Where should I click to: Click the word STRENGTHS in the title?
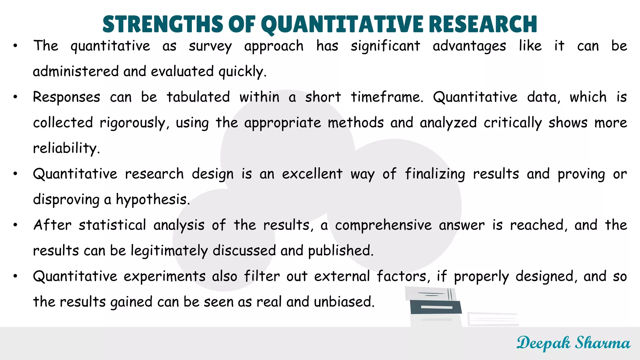pyautogui.click(x=162, y=24)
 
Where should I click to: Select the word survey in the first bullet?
pyautogui.click(x=210, y=47)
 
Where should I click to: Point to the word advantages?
pyautogui.click(x=469, y=47)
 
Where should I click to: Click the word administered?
pyautogui.click(x=76, y=72)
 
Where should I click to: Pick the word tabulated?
pyautogui.click(x=198, y=97)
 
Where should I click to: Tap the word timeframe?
pyautogui.click(x=387, y=97)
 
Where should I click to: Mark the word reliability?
pyautogui.click(x=66, y=148)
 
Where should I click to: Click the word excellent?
pyautogui.click(x=312, y=174)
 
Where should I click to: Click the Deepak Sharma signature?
pyautogui.click(x=573, y=343)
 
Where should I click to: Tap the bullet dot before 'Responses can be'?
pyautogui.click(x=15, y=97)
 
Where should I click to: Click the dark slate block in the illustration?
pyautogui.click(x=436, y=307)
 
